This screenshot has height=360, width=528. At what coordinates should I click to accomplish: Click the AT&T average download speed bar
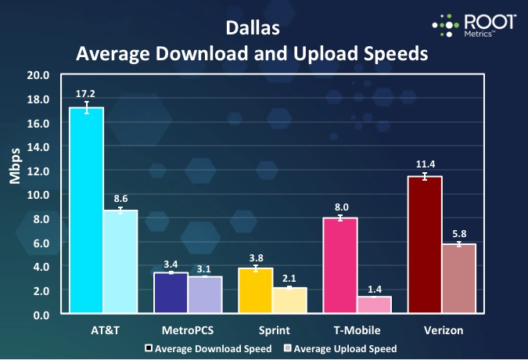(86, 211)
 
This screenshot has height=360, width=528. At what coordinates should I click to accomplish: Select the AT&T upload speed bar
(120, 262)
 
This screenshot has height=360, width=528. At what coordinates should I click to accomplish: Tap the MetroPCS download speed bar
(171, 293)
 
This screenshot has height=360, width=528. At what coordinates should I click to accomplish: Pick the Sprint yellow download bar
(255, 291)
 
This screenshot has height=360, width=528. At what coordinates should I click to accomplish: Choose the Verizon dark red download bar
(425, 246)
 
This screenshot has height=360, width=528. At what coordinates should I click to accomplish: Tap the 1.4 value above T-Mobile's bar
(375, 289)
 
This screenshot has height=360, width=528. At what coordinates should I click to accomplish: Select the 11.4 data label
(425, 163)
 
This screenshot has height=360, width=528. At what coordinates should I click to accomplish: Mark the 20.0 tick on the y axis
(39, 76)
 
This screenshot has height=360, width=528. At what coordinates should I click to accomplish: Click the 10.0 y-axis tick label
(39, 195)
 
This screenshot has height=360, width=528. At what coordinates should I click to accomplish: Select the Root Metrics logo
(474, 25)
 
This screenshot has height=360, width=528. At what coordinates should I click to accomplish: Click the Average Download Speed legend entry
(207, 348)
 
